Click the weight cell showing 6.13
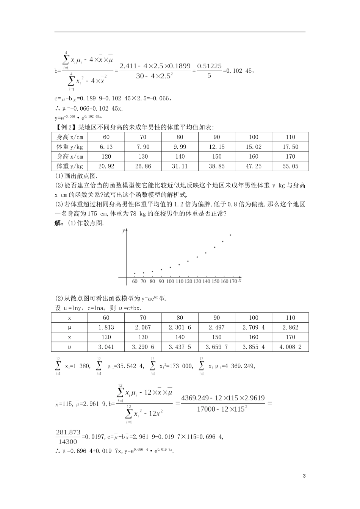pos(106,147)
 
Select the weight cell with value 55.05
pos(290,166)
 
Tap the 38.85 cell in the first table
pos(216,166)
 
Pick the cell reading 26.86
pos(143,166)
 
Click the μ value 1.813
pos(106,328)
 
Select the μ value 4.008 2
pos(290,347)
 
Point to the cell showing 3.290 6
pos(143,347)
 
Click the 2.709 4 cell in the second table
pos(254,328)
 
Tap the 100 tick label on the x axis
pos(170,281)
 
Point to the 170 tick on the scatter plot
pos(233,281)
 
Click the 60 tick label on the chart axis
pos(135,281)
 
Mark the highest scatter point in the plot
pos(231,235)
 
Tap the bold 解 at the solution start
pos(59,223)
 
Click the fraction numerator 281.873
pos(66,432)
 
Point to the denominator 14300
pos(67,441)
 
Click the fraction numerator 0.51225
pos(210,66)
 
